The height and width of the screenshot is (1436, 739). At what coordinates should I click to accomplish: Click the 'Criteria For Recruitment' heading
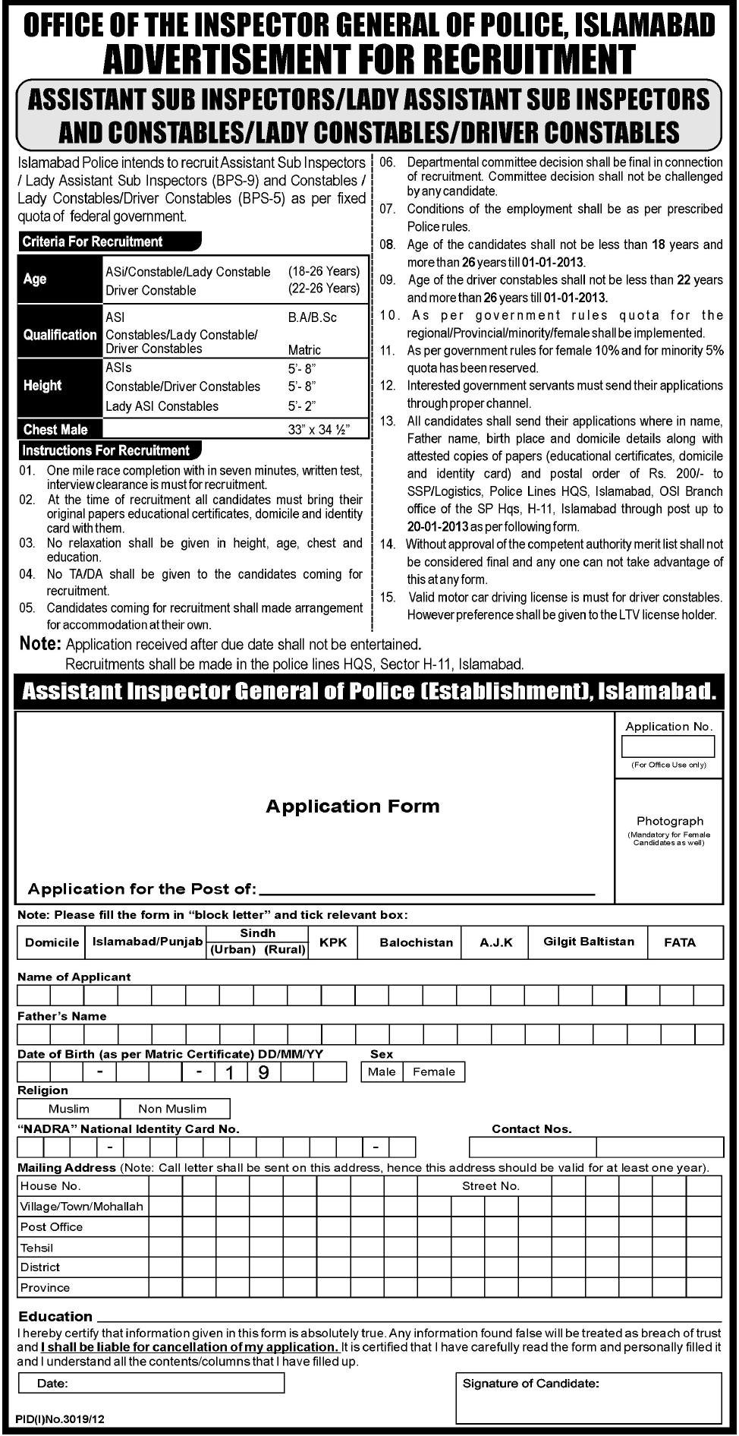coord(93,241)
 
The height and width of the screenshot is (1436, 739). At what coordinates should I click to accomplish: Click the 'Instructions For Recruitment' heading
coord(105,450)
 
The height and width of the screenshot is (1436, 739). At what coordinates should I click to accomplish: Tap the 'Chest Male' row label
coord(55,430)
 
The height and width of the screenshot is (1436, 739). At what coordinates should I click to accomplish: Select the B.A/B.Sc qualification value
coord(312,317)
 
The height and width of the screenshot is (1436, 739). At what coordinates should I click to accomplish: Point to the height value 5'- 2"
coord(301,406)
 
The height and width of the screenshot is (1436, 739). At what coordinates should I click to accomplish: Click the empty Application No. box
coord(668,746)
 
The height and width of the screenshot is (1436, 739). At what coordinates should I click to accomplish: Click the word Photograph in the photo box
coord(669,821)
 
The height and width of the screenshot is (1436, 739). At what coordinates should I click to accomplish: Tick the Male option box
coord(382,1071)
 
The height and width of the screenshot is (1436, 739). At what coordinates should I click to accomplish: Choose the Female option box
coord(434,1071)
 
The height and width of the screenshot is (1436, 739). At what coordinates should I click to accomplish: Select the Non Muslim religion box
coord(172,1109)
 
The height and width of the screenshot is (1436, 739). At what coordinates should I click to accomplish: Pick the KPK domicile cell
coord(333,942)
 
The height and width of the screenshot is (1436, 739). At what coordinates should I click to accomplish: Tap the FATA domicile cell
coord(679,942)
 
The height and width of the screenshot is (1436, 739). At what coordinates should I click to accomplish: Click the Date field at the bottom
coord(151,1384)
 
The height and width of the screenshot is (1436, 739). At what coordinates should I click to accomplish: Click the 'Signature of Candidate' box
coord(589,1397)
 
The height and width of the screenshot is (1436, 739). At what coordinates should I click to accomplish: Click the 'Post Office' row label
coord(52,1227)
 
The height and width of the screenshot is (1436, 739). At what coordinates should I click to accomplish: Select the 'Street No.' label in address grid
coord(490,1186)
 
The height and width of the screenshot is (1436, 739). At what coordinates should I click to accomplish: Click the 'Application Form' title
coord(352,806)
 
